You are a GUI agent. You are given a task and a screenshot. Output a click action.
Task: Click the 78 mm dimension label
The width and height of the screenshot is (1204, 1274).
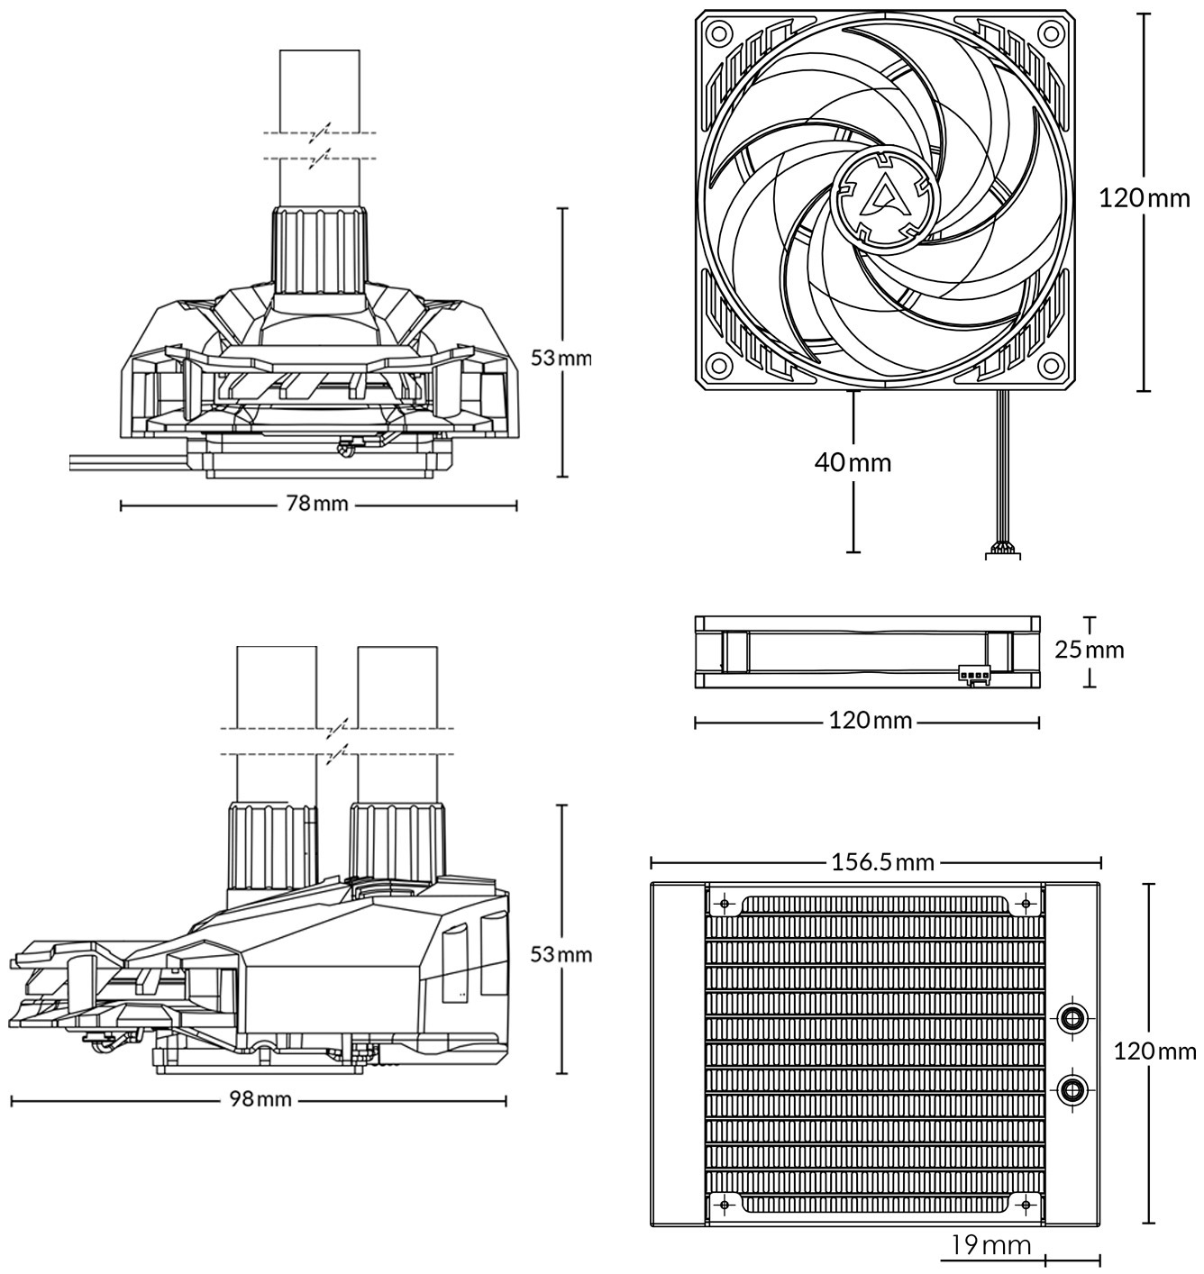317,504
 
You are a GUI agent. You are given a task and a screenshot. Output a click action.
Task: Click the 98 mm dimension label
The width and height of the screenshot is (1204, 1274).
260,1100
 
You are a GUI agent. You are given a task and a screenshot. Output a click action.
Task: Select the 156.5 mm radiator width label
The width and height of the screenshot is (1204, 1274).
883,862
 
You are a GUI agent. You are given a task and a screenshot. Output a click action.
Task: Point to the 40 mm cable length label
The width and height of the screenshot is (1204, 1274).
853,462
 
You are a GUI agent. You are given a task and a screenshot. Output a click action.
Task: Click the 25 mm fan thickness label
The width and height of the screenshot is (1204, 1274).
1090,650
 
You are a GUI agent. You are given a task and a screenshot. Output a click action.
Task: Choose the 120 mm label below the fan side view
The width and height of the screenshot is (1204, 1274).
871,721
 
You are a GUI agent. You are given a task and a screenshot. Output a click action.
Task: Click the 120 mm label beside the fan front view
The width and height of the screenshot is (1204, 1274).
1145,197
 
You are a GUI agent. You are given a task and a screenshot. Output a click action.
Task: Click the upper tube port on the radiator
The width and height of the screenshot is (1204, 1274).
1072,1017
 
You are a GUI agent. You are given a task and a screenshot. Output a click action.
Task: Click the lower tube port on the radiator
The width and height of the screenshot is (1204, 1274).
1072,1088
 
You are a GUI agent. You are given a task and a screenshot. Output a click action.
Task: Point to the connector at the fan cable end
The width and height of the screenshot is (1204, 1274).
1002,551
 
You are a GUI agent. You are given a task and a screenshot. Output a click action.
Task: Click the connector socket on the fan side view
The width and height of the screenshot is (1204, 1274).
974,674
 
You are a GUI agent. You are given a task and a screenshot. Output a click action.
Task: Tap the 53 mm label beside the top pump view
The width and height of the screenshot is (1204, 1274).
561,358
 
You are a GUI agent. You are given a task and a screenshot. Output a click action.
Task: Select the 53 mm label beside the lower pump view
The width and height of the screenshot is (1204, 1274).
561,954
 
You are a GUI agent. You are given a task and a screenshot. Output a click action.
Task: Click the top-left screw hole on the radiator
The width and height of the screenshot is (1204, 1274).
725,904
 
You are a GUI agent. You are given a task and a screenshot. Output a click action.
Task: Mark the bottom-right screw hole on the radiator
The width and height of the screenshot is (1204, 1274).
1026,1206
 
